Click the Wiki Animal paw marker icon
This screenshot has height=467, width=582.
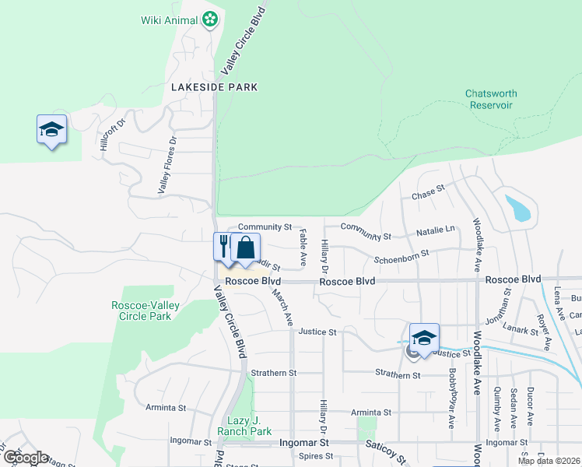[x=209, y=19]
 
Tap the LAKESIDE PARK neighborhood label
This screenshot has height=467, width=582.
[x=203, y=88]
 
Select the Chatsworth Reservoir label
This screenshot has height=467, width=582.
[x=490, y=100]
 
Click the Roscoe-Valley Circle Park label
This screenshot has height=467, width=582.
[x=141, y=311]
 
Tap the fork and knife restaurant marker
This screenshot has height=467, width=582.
[x=223, y=246]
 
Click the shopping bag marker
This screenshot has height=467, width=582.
[x=246, y=248]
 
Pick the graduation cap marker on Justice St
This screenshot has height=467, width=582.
[x=424, y=337]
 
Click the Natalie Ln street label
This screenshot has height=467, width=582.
[x=436, y=230]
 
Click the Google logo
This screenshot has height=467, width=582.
[x=26, y=458]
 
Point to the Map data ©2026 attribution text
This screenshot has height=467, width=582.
[x=549, y=461]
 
